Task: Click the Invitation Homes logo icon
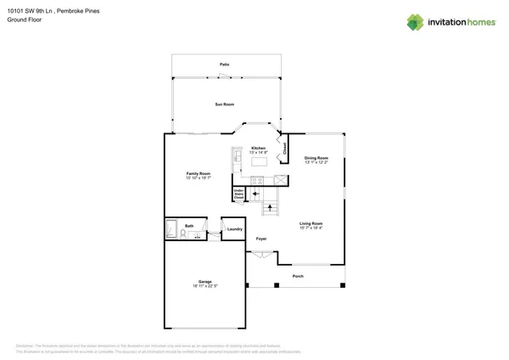[416, 21]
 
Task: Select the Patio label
[225, 65]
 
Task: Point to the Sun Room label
[224, 104]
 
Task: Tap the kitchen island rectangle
[258, 160]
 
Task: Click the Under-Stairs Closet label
[239, 194]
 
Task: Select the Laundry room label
[235, 229]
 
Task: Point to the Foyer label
[262, 239]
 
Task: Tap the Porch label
[298, 277]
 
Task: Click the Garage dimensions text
[205, 286]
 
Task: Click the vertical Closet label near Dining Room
[284, 146]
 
